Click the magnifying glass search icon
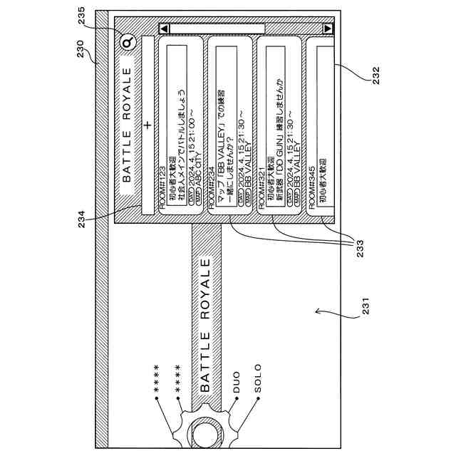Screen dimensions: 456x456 click(x=128, y=43)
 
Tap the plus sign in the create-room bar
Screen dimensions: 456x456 click(x=147, y=125)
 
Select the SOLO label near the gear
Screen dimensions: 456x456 click(x=257, y=379)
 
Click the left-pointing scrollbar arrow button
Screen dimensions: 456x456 click(x=165, y=28)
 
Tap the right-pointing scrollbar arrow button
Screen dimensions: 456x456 click(x=328, y=28)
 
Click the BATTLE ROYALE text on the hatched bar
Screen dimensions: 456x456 click(x=204, y=325)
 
